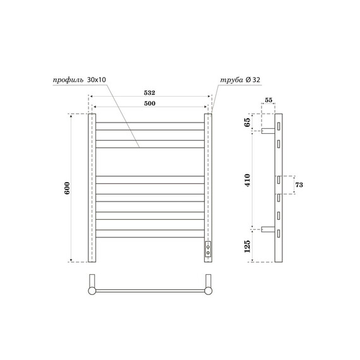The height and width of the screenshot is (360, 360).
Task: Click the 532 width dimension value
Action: [x=150, y=92]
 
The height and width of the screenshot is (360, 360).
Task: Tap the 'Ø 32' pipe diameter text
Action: [x=253, y=80]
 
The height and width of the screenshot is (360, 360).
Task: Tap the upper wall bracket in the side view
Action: [x=268, y=131]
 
